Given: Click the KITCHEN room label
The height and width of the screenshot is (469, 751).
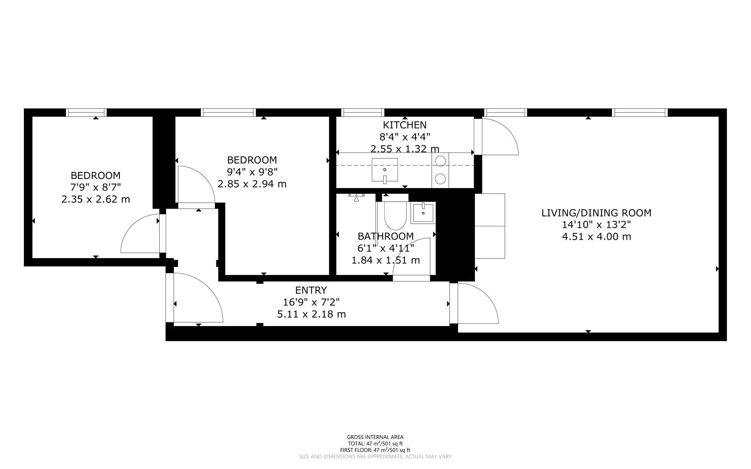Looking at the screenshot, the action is [x=405, y=125].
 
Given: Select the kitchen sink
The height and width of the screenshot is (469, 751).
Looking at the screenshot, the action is [x=385, y=170].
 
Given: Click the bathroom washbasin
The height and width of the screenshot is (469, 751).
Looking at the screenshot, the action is [x=423, y=213].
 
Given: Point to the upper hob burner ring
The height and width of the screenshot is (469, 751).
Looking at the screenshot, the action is [x=440, y=161].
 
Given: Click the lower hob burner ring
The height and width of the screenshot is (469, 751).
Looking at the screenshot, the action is [x=440, y=179].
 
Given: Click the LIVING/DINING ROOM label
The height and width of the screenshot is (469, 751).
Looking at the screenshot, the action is [x=596, y=213].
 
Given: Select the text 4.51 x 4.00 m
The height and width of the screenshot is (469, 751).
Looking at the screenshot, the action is [x=597, y=237].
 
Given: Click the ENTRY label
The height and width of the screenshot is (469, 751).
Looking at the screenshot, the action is [x=311, y=290].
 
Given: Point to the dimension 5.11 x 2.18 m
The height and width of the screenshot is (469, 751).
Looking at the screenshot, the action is [x=311, y=314].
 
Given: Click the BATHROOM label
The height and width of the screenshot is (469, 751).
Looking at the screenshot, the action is [x=386, y=236].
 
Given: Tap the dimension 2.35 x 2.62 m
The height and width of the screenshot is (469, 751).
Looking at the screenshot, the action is [x=96, y=199].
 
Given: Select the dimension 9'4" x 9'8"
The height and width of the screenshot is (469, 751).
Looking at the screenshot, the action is [x=252, y=172].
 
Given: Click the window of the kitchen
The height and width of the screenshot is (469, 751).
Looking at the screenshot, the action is [x=363, y=112].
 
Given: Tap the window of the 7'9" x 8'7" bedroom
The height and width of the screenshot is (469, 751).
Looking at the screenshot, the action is [x=87, y=112].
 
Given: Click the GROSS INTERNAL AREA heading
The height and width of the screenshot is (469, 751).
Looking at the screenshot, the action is [x=375, y=437].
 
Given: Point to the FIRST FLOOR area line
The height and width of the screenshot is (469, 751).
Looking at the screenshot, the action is [x=375, y=450].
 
